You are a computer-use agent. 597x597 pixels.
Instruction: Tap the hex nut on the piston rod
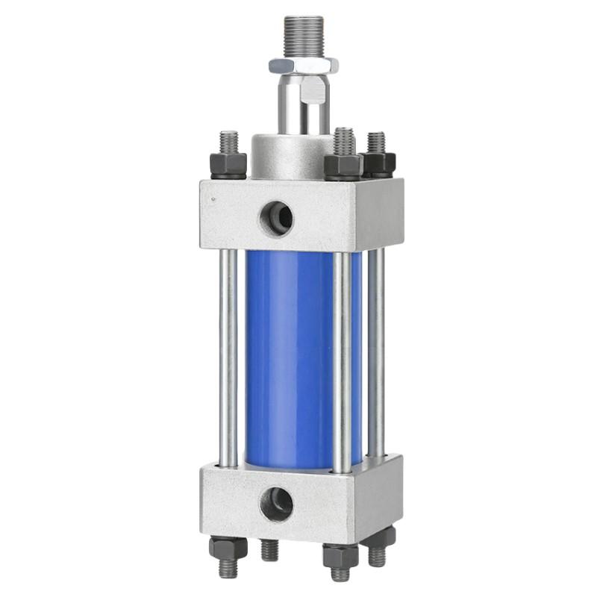304,66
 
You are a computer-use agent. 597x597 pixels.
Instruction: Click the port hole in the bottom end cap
276,504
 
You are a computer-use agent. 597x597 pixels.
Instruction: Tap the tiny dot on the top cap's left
214,199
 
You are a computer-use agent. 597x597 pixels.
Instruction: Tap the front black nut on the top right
343,166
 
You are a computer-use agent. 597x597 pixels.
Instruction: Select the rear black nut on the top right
378,163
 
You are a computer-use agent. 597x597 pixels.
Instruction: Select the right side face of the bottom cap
382,493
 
